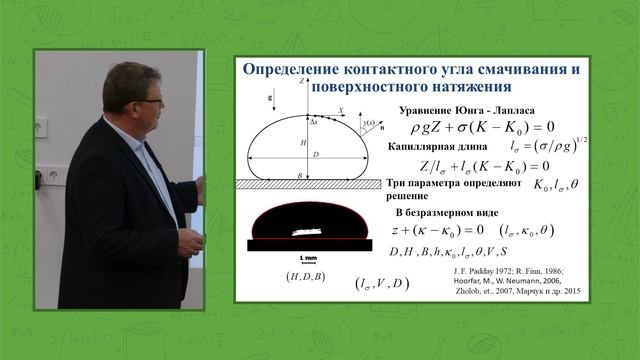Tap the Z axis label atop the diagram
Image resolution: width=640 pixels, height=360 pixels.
click(300, 81)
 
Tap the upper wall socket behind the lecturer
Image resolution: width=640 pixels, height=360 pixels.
click(40, 128)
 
